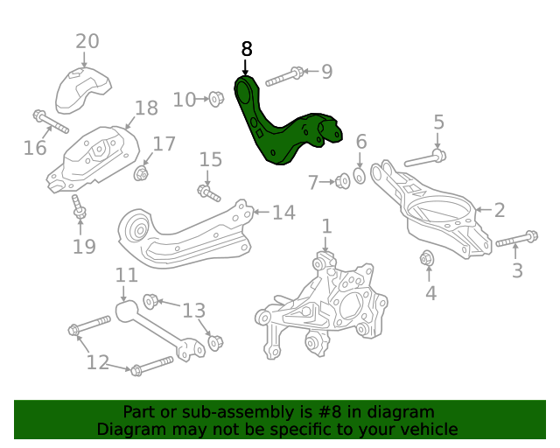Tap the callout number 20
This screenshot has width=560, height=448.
[87, 41]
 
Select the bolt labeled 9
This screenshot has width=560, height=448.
[283, 76]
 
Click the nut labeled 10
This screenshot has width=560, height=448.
[215, 99]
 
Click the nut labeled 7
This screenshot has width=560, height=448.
[343, 181]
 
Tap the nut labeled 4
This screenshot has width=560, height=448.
[428, 259]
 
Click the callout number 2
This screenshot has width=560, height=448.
[500, 210]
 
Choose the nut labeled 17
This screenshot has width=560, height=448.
[140, 173]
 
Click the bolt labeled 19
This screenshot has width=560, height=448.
[79, 208]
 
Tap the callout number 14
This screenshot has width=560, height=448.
[283, 212]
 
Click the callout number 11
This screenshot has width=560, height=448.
[126, 276]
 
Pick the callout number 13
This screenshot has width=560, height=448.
[193, 310]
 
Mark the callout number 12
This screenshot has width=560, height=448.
[97, 361]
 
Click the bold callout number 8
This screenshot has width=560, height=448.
[246, 49]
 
